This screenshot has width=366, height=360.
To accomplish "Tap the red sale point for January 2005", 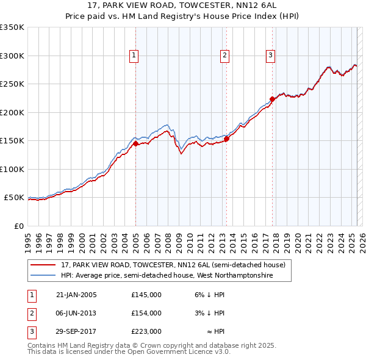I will [136, 143].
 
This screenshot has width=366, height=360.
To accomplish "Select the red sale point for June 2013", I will [226, 139].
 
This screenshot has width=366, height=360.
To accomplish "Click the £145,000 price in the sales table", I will [146, 295].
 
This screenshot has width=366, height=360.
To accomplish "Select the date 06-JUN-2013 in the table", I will [76, 313].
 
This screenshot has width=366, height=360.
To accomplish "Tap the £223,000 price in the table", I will [146, 331].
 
